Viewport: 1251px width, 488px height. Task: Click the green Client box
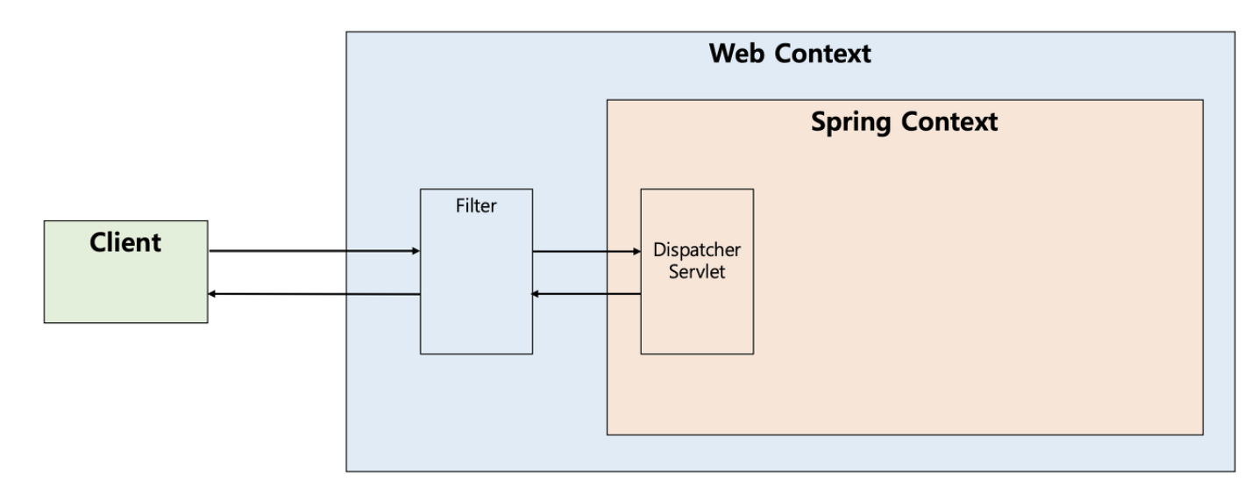pyautogui.click(x=126, y=272)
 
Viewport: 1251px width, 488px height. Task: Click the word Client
pyautogui.click(x=125, y=242)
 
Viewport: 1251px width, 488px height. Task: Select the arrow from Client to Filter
pyautogui.click(x=315, y=251)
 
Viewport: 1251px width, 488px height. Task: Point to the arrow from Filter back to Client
pyautogui.click(x=314, y=294)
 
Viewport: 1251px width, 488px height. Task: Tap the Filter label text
pyautogui.click(x=476, y=205)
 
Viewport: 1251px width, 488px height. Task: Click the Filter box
pyautogui.click(x=476, y=272)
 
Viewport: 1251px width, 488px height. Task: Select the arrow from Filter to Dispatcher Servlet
pyautogui.click(x=587, y=252)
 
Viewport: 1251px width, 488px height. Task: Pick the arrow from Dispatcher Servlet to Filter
pyautogui.click(x=586, y=294)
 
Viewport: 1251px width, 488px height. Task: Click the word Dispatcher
pyautogui.click(x=697, y=250)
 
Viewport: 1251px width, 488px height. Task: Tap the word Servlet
pyautogui.click(x=697, y=272)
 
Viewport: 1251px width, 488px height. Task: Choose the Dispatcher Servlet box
pyautogui.click(x=697, y=272)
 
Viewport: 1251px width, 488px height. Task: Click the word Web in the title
pyautogui.click(x=737, y=54)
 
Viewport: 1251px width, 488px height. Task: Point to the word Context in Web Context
pyautogui.click(x=822, y=54)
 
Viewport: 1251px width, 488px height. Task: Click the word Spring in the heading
pyautogui.click(x=850, y=122)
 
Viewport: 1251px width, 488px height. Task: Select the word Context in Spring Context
pyautogui.click(x=949, y=122)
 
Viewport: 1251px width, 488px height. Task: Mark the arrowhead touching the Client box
pyautogui.click(x=211, y=294)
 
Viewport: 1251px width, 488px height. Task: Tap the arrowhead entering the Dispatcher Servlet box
pyautogui.click(x=637, y=252)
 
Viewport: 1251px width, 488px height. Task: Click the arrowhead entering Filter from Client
pyautogui.click(x=416, y=251)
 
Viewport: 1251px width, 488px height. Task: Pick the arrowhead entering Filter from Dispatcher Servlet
pyautogui.click(x=535, y=294)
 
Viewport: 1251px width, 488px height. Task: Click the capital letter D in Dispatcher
pyautogui.click(x=659, y=249)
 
